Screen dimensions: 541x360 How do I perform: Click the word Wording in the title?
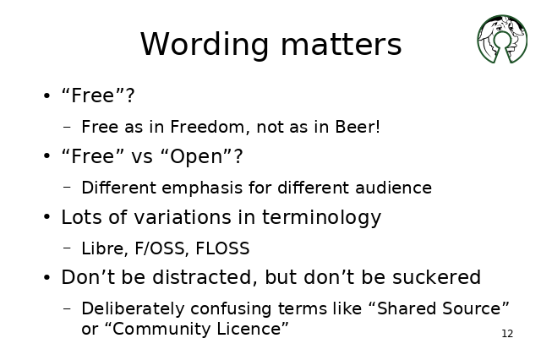(x=205, y=45)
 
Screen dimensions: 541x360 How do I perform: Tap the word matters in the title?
(x=342, y=44)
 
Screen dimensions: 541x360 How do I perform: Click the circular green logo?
(x=502, y=39)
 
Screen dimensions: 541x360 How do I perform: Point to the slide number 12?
(x=507, y=334)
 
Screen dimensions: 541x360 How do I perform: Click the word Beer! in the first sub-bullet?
(x=358, y=127)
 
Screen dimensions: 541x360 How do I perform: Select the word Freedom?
(x=210, y=127)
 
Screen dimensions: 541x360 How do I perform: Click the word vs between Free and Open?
(x=142, y=157)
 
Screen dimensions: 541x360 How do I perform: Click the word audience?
(x=393, y=188)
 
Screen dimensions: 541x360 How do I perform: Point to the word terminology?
(x=321, y=218)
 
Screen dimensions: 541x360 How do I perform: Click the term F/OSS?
(x=161, y=248)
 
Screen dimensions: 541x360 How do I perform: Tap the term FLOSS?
(x=222, y=248)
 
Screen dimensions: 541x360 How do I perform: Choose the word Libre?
(x=105, y=248)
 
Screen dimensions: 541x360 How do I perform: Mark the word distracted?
(x=205, y=277)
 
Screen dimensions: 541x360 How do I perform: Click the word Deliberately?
(x=133, y=309)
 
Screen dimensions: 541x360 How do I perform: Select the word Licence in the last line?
(x=253, y=329)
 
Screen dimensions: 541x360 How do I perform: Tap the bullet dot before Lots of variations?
(x=47, y=217)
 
